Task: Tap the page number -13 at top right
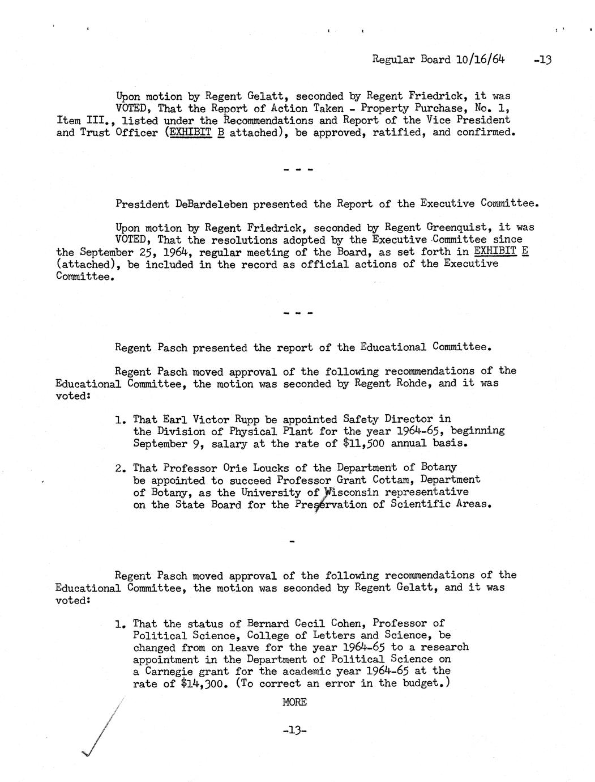pyautogui.click(x=542, y=59)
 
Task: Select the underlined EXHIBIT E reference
pyautogui.click(x=500, y=251)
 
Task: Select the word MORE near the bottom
pyautogui.click(x=294, y=702)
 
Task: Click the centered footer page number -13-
pyautogui.click(x=294, y=730)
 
